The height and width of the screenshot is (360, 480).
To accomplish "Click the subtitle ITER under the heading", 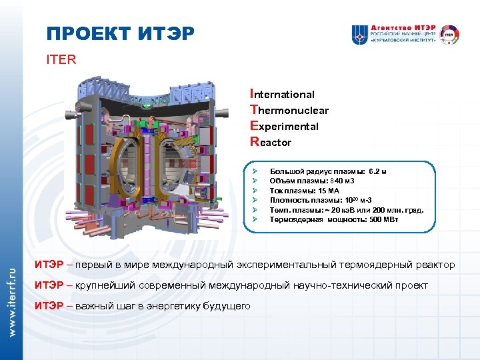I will pos(61,59).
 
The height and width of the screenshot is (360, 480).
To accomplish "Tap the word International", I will pos(282,94).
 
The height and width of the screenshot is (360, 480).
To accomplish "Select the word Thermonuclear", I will pos(289,110).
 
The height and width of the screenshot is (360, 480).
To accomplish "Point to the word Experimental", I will pos(284,126).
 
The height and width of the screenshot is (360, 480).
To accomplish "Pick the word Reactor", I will pos(270,141).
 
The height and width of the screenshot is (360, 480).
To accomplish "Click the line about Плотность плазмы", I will pos(321,199).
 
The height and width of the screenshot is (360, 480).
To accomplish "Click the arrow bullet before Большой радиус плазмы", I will pos(255,171).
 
